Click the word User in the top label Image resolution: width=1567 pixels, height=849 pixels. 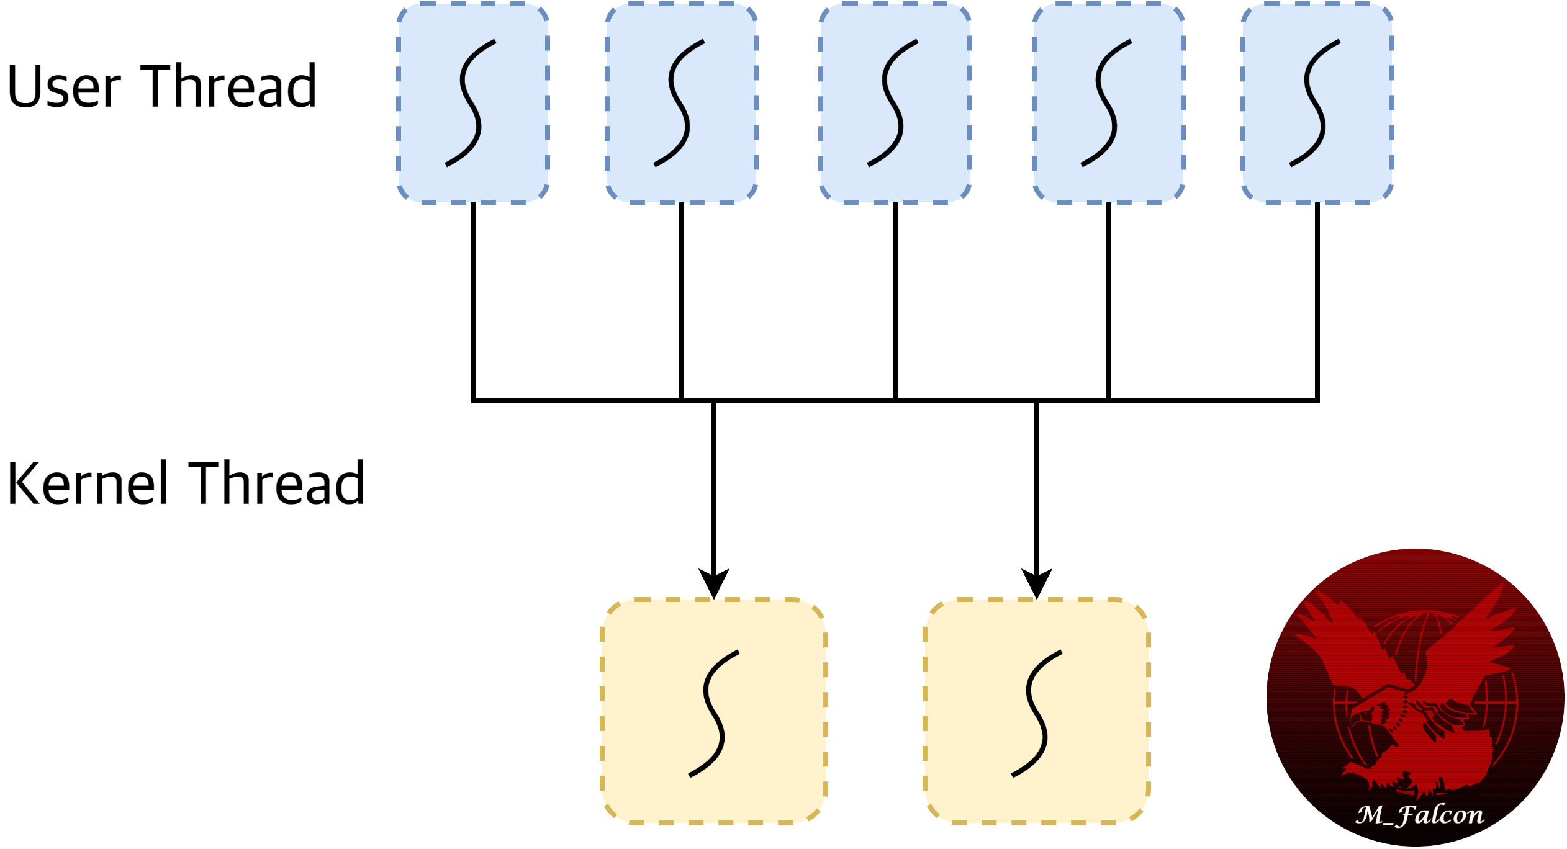64,87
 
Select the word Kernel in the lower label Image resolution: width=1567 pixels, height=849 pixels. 87,483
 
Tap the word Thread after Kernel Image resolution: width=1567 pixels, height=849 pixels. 276,483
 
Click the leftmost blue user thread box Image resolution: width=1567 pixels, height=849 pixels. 473,103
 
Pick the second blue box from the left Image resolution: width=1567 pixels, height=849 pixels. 682,103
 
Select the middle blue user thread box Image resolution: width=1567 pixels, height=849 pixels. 895,103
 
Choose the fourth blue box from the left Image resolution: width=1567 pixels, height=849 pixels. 1109,103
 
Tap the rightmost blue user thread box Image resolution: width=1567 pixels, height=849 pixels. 1317,103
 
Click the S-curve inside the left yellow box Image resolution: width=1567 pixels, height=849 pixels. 714,714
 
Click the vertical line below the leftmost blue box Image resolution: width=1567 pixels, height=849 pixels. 473,298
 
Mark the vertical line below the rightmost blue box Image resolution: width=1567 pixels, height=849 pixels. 1317,298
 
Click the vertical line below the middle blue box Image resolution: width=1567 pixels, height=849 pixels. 895,298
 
